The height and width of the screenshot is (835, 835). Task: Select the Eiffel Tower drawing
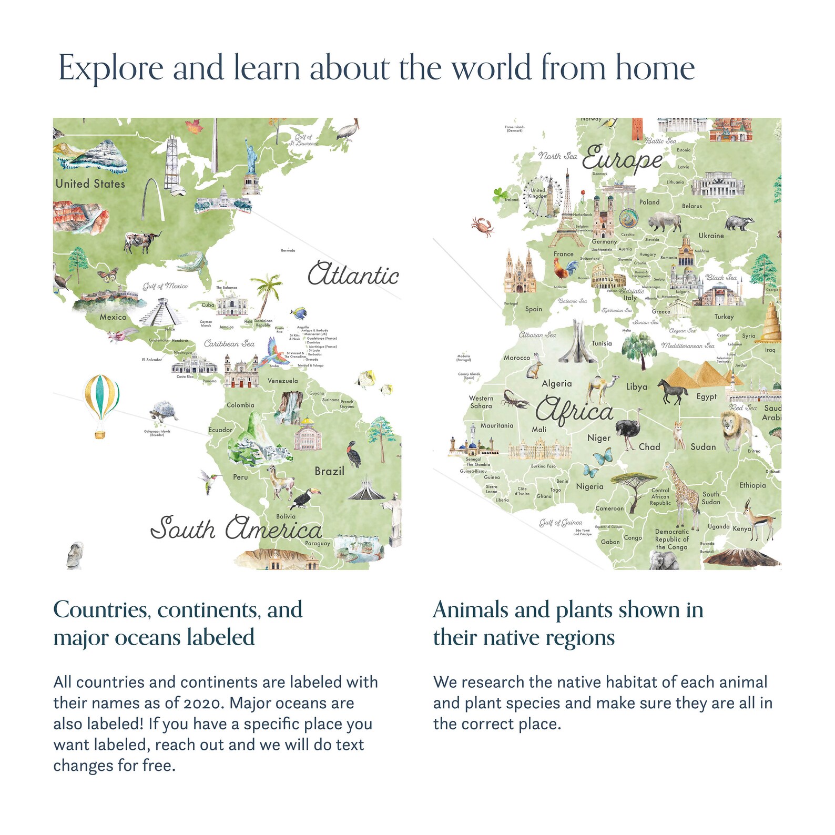pyautogui.click(x=567, y=210)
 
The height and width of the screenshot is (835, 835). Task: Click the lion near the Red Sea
pyautogui.click(x=737, y=429)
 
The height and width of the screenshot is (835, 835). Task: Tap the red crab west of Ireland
pyautogui.click(x=482, y=226)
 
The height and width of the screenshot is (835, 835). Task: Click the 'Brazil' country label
pyautogui.click(x=329, y=471)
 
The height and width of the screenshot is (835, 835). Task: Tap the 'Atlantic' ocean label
pyautogui.click(x=353, y=275)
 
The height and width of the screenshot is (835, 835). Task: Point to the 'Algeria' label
pyautogui.click(x=556, y=384)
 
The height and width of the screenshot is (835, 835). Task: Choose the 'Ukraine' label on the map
pyautogui.click(x=711, y=236)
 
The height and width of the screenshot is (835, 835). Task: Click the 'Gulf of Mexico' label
pyautogui.click(x=165, y=286)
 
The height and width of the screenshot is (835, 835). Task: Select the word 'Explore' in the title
pyautogui.click(x=111, y=68)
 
